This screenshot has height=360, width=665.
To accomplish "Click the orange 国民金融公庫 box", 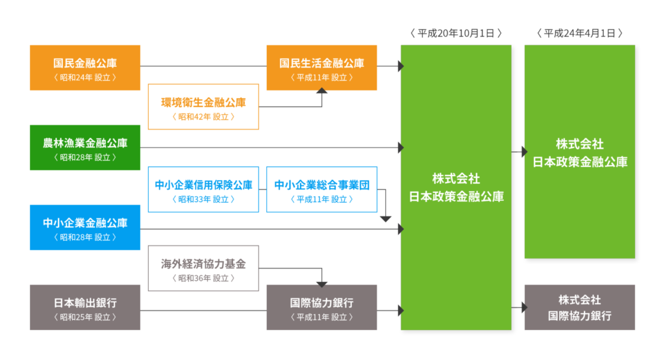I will [x=85, y=68].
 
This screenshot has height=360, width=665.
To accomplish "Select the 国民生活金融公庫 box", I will [x=321, y=68].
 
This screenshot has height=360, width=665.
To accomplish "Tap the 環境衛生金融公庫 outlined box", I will [x=203, y=107].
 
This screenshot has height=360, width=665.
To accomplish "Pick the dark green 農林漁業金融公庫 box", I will [x=85, y=148].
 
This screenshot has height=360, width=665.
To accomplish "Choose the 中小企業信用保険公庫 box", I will [x=203, y=189].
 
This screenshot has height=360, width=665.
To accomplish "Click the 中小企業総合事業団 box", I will [x=321, y=189].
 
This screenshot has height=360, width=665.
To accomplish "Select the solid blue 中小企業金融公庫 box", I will [x=85, y=227].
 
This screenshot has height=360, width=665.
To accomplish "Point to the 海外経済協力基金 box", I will [x=203, y=268].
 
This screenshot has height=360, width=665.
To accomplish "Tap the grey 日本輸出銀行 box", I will [x=85, y=307].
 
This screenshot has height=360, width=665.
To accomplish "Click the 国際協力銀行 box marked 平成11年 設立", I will [x=321, y=307].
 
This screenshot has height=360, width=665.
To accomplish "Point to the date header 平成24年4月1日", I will [x=580, y=33].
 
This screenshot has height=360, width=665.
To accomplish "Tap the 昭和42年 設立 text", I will [x=203, y=117].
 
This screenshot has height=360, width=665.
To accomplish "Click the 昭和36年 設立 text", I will [x=203, y=278].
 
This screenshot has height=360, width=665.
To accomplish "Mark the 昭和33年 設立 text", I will [x=203, y=199].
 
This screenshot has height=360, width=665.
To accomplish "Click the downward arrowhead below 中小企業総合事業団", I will [x=386, y=219].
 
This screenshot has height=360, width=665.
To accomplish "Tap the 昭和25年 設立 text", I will [x=85, y=317].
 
